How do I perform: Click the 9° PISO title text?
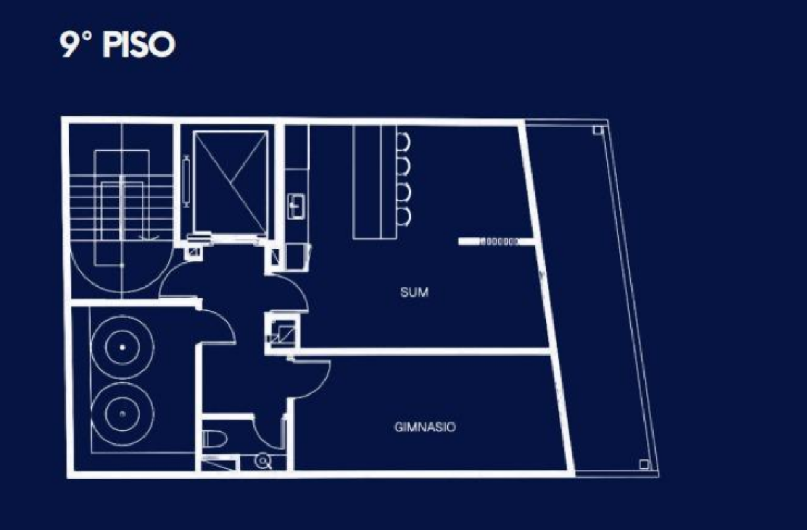[x=117, y=45]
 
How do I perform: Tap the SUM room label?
[x=414, y=292]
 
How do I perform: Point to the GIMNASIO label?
[x=425, y=427]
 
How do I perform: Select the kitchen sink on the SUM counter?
[x=296, y=206]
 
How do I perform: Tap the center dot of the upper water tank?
[x=122, y=347]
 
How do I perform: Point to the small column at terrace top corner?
[x=598, y=130]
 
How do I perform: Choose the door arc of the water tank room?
[x=225, y=319]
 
